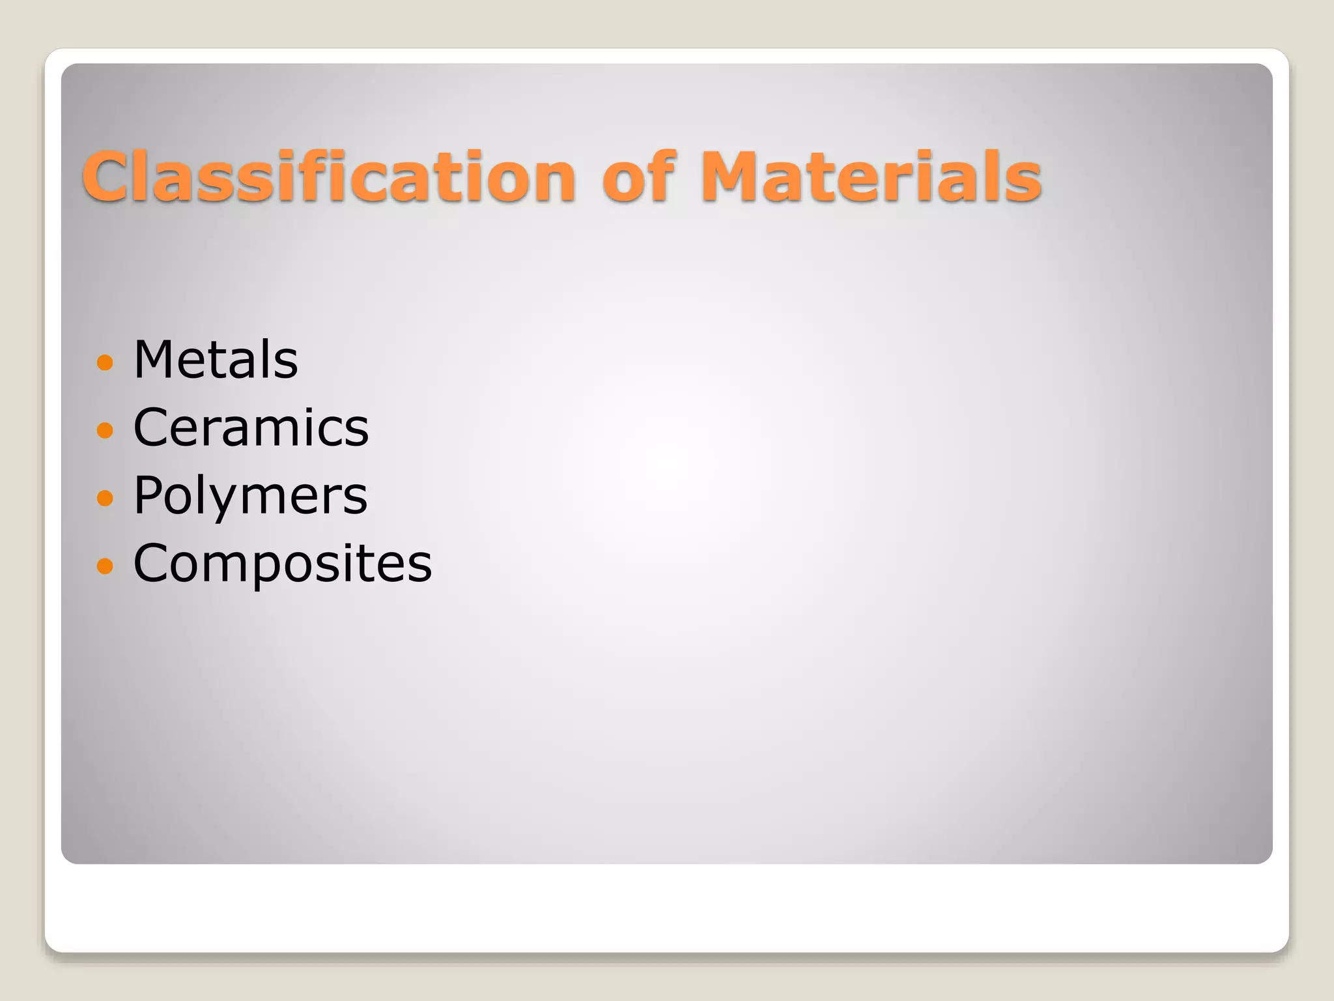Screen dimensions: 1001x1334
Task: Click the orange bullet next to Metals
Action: (104, 362)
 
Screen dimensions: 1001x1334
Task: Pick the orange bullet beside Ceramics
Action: (104, 429)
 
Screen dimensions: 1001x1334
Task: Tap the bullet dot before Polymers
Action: (104, 498)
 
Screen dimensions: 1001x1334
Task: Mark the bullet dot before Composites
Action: (104, 565)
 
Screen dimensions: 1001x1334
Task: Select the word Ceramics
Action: (251, 428)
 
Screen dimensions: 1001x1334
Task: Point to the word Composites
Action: (282, 563)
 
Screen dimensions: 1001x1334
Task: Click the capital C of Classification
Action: (109, 177)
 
